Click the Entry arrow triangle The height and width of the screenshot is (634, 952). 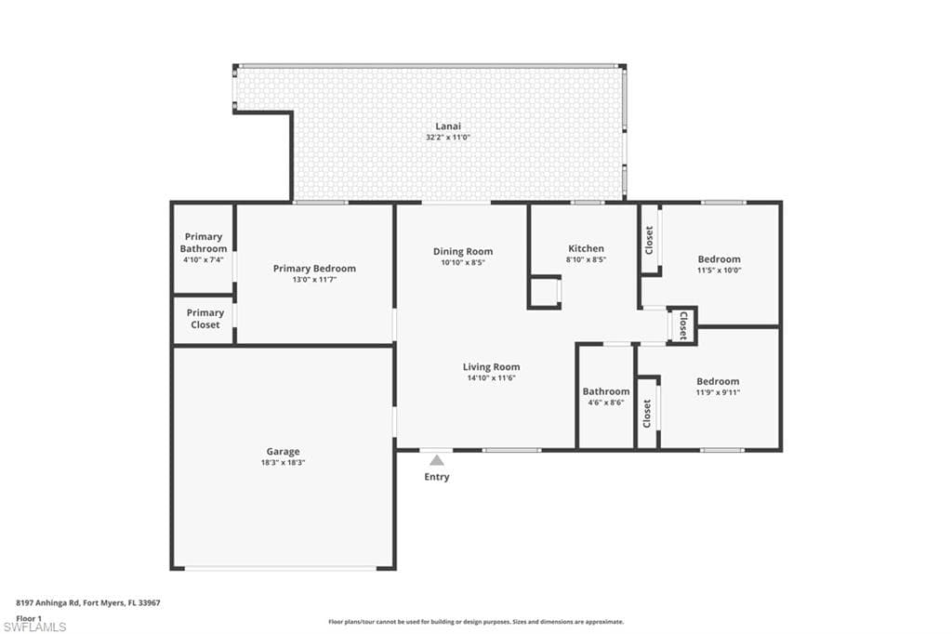437,460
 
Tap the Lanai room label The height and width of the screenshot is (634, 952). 448,126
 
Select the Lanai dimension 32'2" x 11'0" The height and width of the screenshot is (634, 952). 448,138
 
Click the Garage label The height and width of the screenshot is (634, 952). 283,452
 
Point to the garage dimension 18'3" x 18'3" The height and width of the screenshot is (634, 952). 283,463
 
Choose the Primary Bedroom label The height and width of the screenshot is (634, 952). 314,269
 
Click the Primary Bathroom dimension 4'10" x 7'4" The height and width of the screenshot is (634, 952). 204,260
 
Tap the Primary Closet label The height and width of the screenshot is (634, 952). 205,319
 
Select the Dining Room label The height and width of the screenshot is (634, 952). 463,251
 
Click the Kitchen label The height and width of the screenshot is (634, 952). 586,248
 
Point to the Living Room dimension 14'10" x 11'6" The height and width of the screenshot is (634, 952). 491,377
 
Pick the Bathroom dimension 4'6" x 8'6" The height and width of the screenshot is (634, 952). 606,403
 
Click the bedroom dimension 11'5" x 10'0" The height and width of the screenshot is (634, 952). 719,271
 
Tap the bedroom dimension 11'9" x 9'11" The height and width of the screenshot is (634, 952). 718,392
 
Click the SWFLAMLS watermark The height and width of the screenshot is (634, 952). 34,627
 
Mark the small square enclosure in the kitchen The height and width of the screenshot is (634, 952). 544,292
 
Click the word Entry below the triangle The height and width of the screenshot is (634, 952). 437,477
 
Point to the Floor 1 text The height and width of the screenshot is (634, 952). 29,619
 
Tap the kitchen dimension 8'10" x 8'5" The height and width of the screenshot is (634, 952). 586,260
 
